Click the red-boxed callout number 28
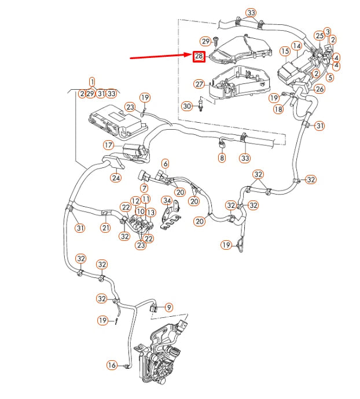pos(199,56)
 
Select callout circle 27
pos(199,84)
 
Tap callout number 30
pos(186,107)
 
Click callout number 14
pos(297,46)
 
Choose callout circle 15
pos(285,52)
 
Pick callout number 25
pos(319,36)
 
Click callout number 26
pos(320,89)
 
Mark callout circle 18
pos(278,109)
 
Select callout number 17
pos(109,145)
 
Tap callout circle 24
pos(116,178)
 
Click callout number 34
pos(167,201)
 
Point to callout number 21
pos(105,228)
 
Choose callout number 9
pos(169,307)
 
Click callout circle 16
pos(112,365)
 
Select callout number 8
pos(222,158)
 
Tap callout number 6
pos(165,164)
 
